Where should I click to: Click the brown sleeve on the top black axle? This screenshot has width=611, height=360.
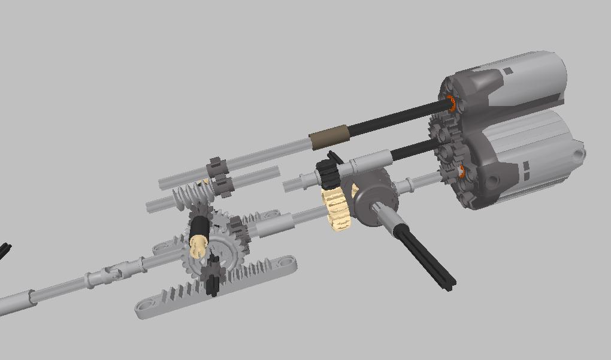[x=328, y=137]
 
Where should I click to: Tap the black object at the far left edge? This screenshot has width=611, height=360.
[x=4, y=250]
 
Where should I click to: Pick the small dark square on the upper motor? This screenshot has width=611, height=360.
[x=508, y=71]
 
